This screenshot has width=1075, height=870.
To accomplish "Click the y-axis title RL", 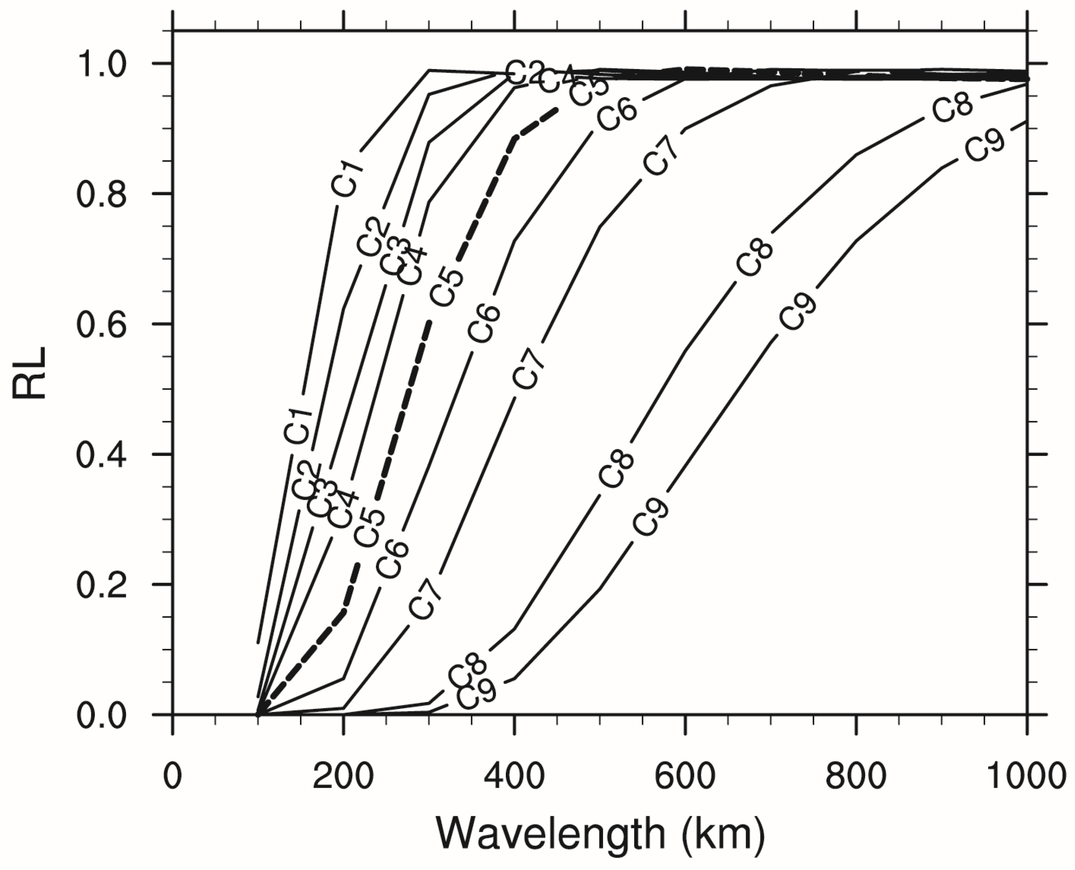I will pos(29,373).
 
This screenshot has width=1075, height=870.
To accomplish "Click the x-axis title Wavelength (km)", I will pos(600,833).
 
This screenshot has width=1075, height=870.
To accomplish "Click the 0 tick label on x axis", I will pos(172,776).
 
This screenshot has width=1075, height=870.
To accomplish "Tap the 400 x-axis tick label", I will pos(514,776).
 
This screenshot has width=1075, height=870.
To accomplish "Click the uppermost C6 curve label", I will pos(617,115).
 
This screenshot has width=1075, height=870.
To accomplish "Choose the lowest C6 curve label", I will pos(393,560).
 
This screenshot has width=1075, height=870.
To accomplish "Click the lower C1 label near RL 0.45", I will pos(299,426).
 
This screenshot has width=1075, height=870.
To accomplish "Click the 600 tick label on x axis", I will pos(685,776).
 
